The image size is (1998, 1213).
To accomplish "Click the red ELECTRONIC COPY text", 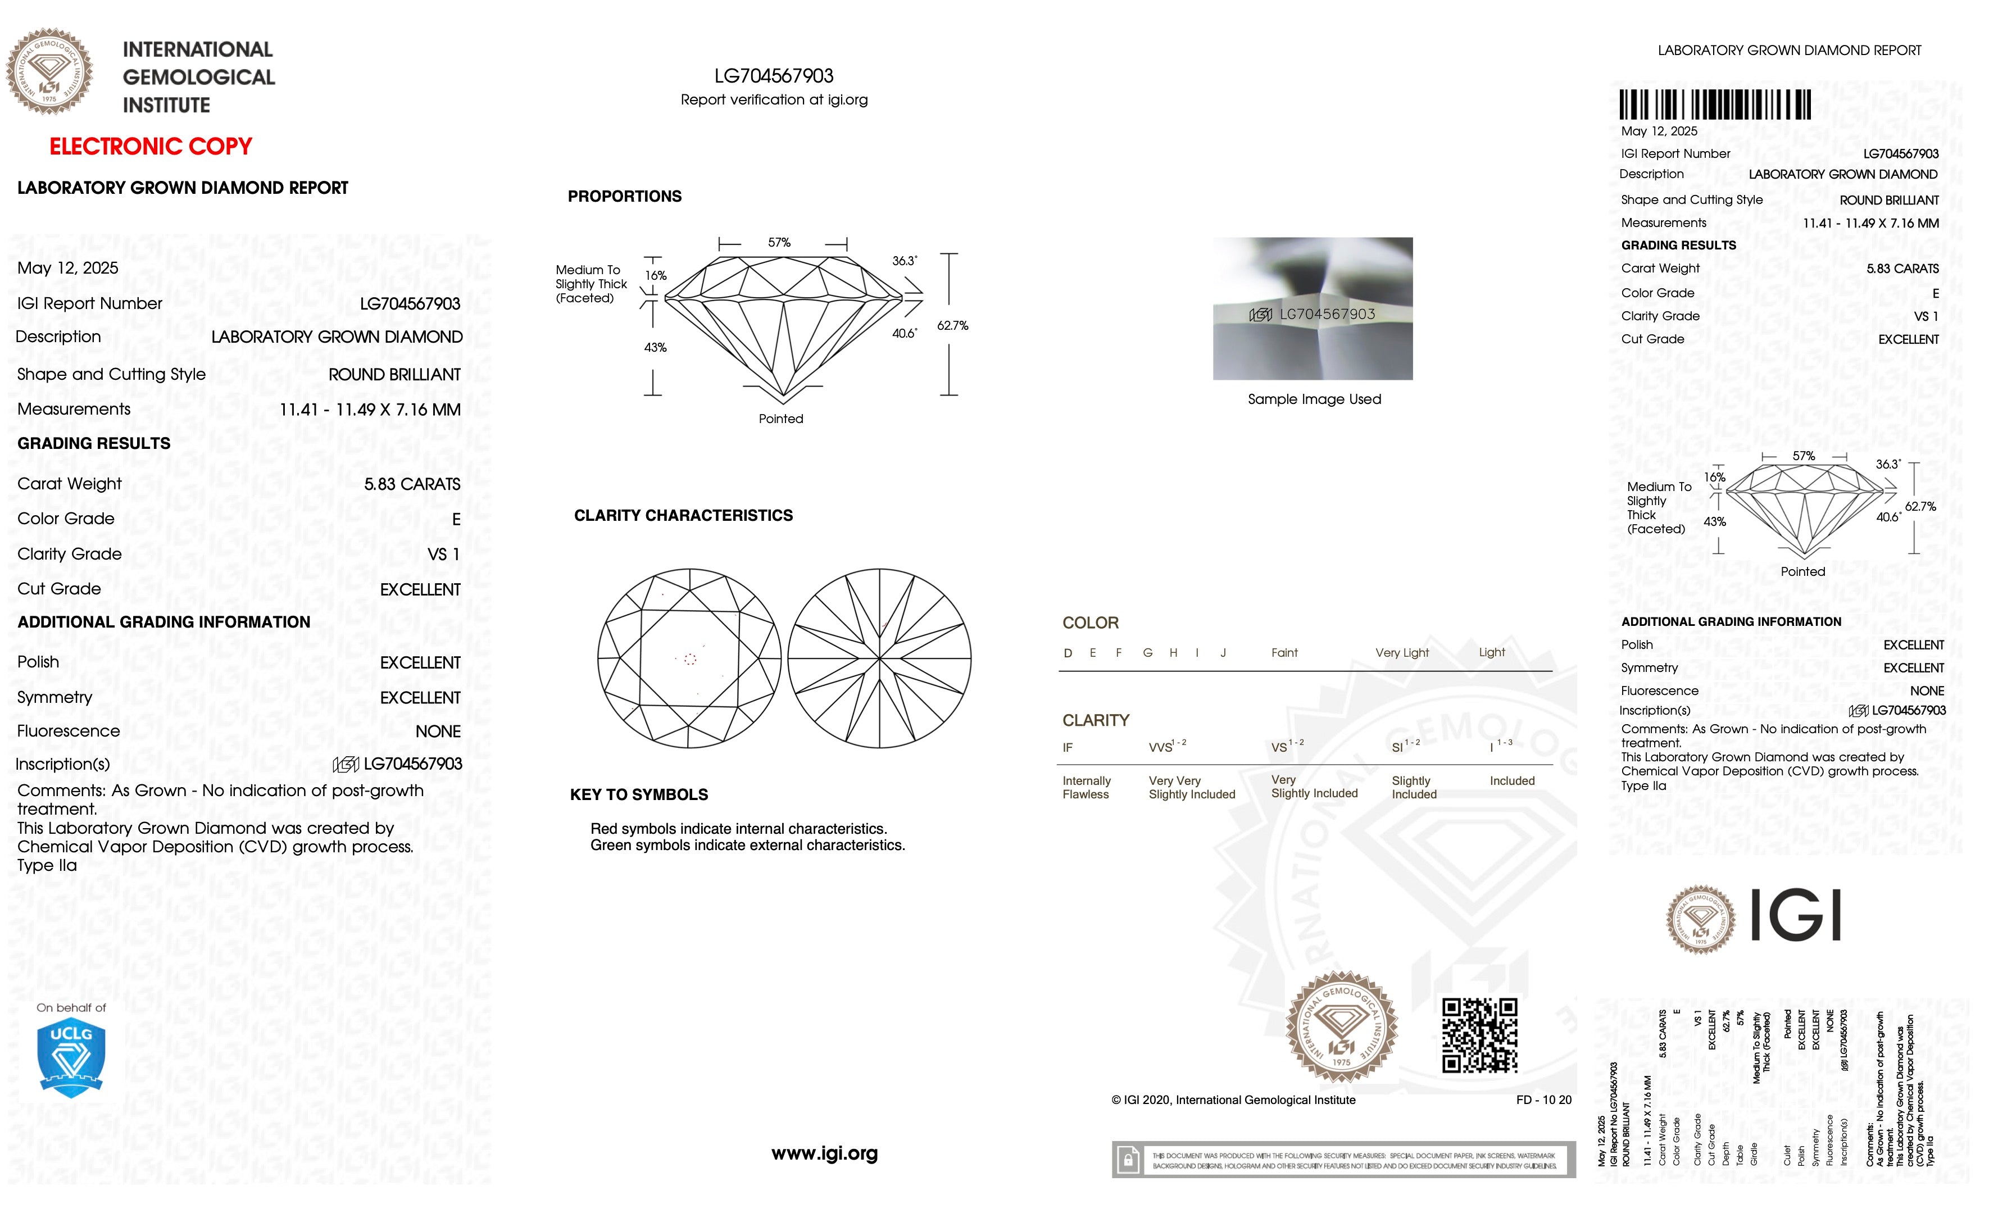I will coord(151,147).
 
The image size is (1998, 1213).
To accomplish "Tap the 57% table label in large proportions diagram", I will coord(779,243).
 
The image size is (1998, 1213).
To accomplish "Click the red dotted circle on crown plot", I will coord(690,659).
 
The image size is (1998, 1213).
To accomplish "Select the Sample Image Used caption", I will coord(1314,399).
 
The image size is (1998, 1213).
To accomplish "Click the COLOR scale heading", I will coord(1090,623).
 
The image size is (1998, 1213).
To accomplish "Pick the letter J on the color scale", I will coord(1223,653).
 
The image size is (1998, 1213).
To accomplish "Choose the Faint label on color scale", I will coord(1284,653).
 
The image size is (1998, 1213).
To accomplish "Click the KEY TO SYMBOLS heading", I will coord(639,794).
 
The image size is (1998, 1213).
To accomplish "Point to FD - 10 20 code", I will coord(1543,1100).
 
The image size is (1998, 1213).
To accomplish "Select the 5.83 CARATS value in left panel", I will coord(412,484).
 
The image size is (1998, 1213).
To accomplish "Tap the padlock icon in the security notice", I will coord(1127,1160).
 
